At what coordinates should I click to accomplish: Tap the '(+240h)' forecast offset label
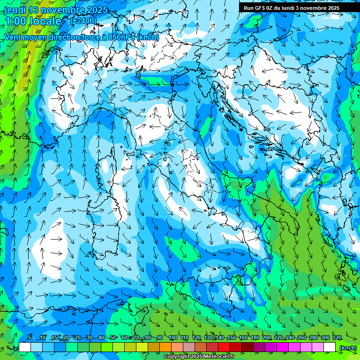point(83,21)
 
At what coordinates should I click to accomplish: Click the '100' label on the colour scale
point(172,337)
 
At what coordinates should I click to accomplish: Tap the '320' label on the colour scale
point(337,337)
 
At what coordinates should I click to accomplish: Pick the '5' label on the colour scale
point(30,337)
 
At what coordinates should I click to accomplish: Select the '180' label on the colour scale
point(254,337)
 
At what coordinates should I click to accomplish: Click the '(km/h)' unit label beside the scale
point(348,347)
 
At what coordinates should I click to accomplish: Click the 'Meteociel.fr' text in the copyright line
point(216,357)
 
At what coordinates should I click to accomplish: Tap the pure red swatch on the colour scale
point(224,347)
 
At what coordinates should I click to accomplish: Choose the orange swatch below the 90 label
point(165,347)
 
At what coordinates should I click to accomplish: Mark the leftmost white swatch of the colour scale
point(25,347)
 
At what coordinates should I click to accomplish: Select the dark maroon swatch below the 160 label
point(247,347)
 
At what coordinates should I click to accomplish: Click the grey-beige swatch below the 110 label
point(189,347)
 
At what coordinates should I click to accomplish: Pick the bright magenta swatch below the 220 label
point(283,347)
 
